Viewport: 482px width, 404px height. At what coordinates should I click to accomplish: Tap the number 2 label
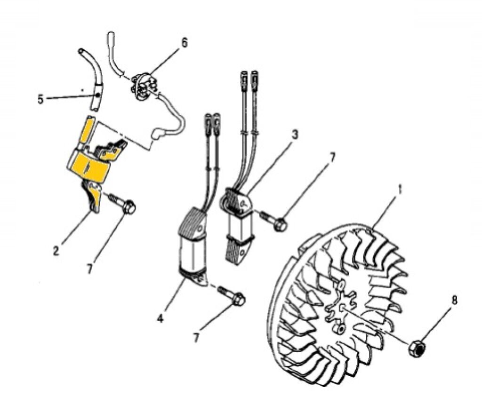click(56, 251)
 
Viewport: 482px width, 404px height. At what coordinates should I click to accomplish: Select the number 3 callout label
click(295, 135)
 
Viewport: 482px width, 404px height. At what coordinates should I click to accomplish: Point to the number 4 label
click(160, 318)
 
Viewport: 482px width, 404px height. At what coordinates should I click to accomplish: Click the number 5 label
click(40, 99)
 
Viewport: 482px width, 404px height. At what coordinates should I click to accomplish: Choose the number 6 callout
click(184, 43)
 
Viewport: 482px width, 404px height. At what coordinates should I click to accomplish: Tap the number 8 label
click(454, 300)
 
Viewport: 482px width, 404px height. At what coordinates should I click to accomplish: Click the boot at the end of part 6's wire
click(157, 135)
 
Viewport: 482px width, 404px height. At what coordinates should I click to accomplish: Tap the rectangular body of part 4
click(192, 254)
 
